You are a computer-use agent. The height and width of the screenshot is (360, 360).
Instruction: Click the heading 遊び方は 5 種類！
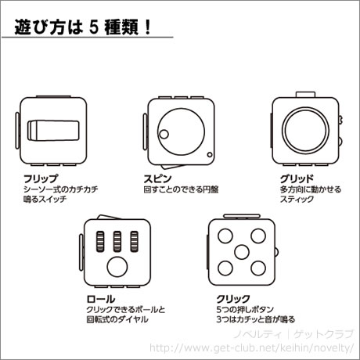tap(82, 27)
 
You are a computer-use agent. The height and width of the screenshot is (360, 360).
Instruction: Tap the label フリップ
tap(41, 179)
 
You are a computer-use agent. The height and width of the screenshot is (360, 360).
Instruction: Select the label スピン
tap(157, 179)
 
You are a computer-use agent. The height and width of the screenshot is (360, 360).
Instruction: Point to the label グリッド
tap(297, 179)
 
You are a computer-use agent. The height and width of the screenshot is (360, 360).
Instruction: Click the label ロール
tap(101, 299)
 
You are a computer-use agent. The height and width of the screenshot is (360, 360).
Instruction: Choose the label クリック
tap(233, 299)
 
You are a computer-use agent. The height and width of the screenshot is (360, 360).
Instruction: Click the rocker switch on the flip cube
tap(53, 131)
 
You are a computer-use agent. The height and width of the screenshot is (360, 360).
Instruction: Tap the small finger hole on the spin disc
tap(164, 135)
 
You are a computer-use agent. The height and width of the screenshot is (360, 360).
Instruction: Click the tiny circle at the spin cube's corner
tap(210, 155)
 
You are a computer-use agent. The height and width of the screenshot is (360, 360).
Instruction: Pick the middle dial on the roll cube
tap(117, 242)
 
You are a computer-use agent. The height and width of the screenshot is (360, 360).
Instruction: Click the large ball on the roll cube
tap(117, 267)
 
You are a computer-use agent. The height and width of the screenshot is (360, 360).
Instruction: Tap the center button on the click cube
tap(242, 252)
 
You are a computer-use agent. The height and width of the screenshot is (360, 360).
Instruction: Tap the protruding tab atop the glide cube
tap(305, 95)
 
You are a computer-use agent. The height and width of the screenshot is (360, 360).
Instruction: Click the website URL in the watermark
tap(252, 347)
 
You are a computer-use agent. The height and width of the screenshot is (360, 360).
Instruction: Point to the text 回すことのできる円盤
tap(181, 189)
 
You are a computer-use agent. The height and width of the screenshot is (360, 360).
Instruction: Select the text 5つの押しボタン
tap(245, 309)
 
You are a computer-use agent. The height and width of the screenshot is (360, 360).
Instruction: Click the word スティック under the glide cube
tap(297, 200)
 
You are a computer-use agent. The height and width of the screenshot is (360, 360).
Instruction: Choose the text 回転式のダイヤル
tap(117, 319)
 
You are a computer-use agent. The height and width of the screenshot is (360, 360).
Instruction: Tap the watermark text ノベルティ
tap(258, 334)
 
